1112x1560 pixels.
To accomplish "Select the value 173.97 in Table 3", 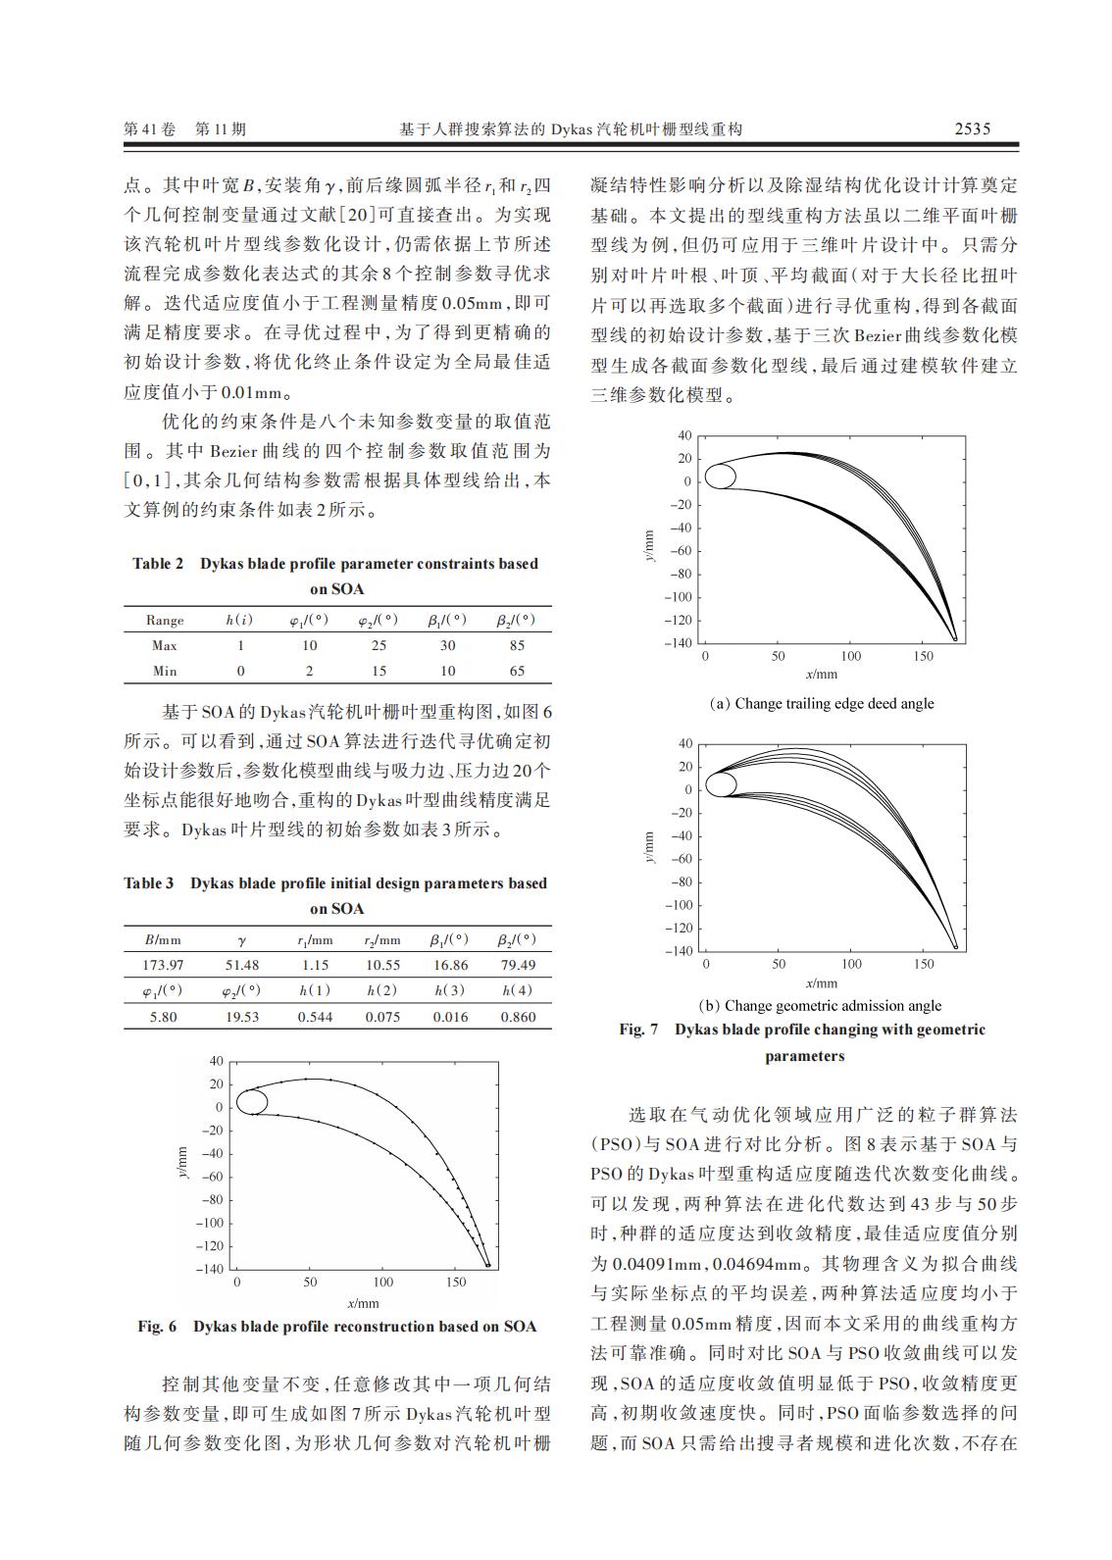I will click(x=164, y=965).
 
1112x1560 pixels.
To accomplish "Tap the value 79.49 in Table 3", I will click(x=518, y=965).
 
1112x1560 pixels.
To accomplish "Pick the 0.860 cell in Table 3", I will click(x=518, y=1017).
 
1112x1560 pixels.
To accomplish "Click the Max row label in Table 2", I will click(x=164, y=645).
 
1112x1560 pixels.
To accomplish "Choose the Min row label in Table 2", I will click(x=164, y=671).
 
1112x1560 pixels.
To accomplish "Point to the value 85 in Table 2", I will click(x=517, y=645).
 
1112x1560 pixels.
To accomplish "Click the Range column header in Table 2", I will click(x=164, y=620).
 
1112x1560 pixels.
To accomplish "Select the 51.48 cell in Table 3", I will click(x=242, y=965).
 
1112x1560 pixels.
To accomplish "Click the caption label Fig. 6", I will click(x=157, y=1327).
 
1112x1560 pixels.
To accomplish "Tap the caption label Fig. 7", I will click(x=638, y=1030).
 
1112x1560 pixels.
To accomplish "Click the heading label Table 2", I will click(x=158, y=564).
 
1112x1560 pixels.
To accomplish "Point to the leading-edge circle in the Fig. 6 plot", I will click(x=252, y=1101).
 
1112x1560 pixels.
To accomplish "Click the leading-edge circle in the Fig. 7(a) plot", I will click(x=721, y=477).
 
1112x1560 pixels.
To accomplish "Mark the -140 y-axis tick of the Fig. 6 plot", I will click(x=211, y=1269).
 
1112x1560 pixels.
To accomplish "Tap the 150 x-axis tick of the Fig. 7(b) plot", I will click(x=924, y=965).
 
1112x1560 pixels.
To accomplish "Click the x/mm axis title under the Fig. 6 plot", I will click(x=363, y=1303).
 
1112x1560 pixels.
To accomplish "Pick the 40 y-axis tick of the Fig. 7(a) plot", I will click(x=684, y=435).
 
